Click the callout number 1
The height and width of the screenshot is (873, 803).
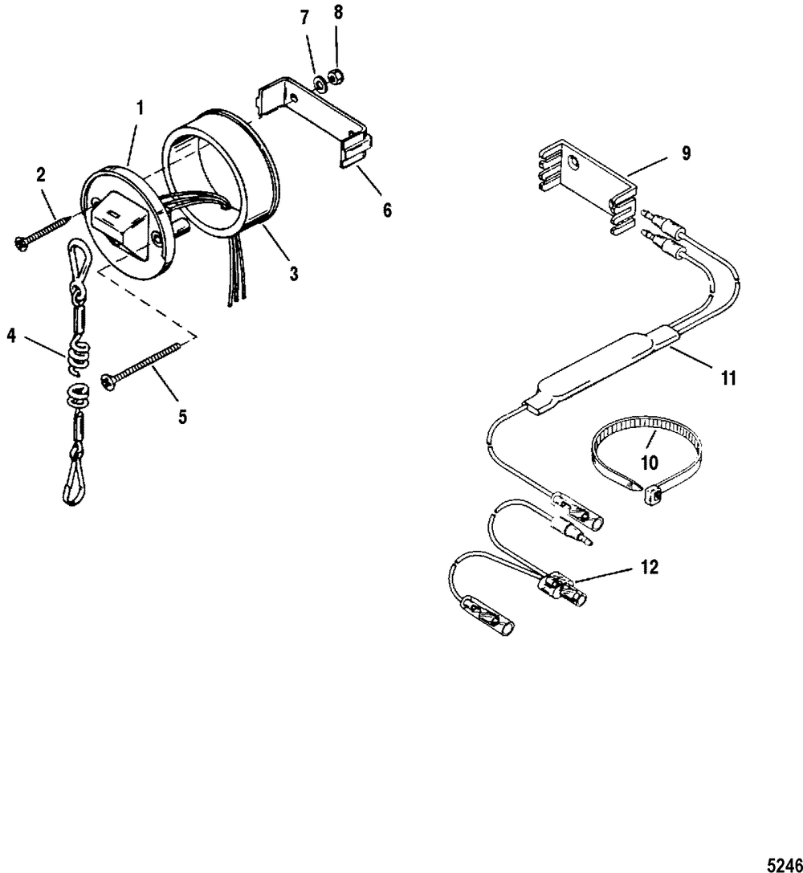pyautogui.click(x=141, y=108)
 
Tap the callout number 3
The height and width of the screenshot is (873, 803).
pyautogui.click(x=293, y=273)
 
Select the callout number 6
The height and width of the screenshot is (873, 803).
pyautogui.click(x=387, y=210)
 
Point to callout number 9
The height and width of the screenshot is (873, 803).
pyautogui.click(x=686, y=153)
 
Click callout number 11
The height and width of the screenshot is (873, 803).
pyautogui.click(x=728, y=378)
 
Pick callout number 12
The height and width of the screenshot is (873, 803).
pyautogui.click(x=650, y=567)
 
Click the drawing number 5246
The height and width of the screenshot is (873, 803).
pyautogui.click(x=784, y=864)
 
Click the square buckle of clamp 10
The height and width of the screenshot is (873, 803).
pyautogui.click(x=651, y=495)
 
